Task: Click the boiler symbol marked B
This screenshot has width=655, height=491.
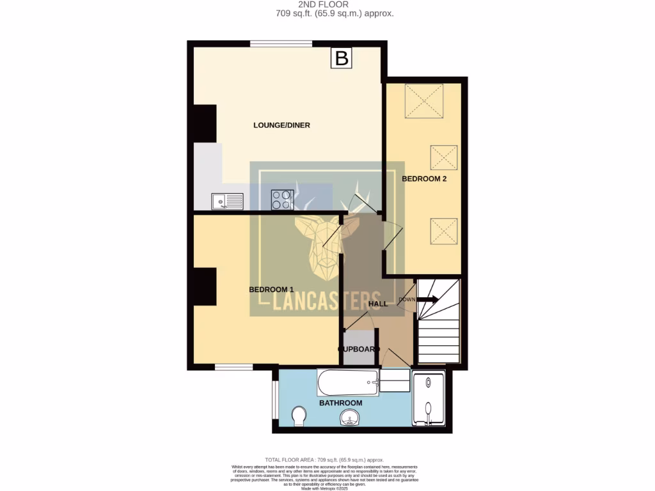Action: pos(342,58)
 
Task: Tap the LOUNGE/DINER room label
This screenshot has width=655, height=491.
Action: pos(281,125)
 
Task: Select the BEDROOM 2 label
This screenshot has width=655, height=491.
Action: pos(424,179)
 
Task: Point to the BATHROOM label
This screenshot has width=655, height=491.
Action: pos(341,403)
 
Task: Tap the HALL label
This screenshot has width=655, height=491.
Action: pos(378,304)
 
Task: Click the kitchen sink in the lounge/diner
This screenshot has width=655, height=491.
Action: pos(227,201)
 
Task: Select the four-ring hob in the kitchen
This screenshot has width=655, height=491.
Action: pos(282,199)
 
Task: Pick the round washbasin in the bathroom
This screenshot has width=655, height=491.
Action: pos(349,419)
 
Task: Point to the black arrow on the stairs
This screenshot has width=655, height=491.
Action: pos(428,299)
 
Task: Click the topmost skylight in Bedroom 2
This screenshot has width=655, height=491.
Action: pos(424,101)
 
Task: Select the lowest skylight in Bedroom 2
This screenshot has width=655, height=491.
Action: pos(444,231)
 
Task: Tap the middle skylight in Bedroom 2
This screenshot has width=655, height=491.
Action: pos(444,158)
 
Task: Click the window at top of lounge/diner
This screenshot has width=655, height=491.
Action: pos(281,44)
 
